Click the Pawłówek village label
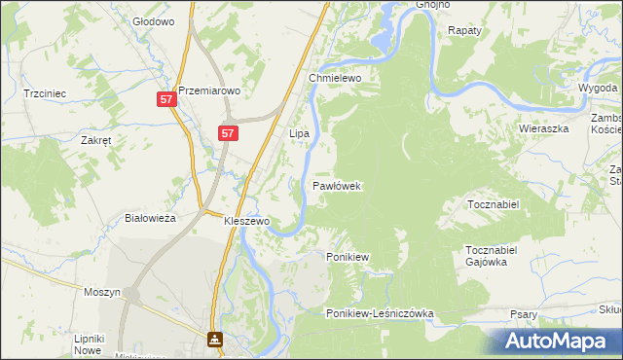coord(338,185)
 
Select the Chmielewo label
coord(336,78)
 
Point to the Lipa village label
coord(299,132)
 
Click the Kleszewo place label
coord(246,221)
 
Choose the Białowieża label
coord(151,218)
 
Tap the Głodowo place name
coord(153,20)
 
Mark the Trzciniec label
coord(44,93)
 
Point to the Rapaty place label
coord(465,31)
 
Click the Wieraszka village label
coord(542,127)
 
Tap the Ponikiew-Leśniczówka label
coord(380,313)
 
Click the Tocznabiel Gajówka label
coord(496,256)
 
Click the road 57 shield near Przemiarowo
coord(166,99)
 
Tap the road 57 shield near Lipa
coord(227,133)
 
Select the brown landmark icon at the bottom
coord(214,340)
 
